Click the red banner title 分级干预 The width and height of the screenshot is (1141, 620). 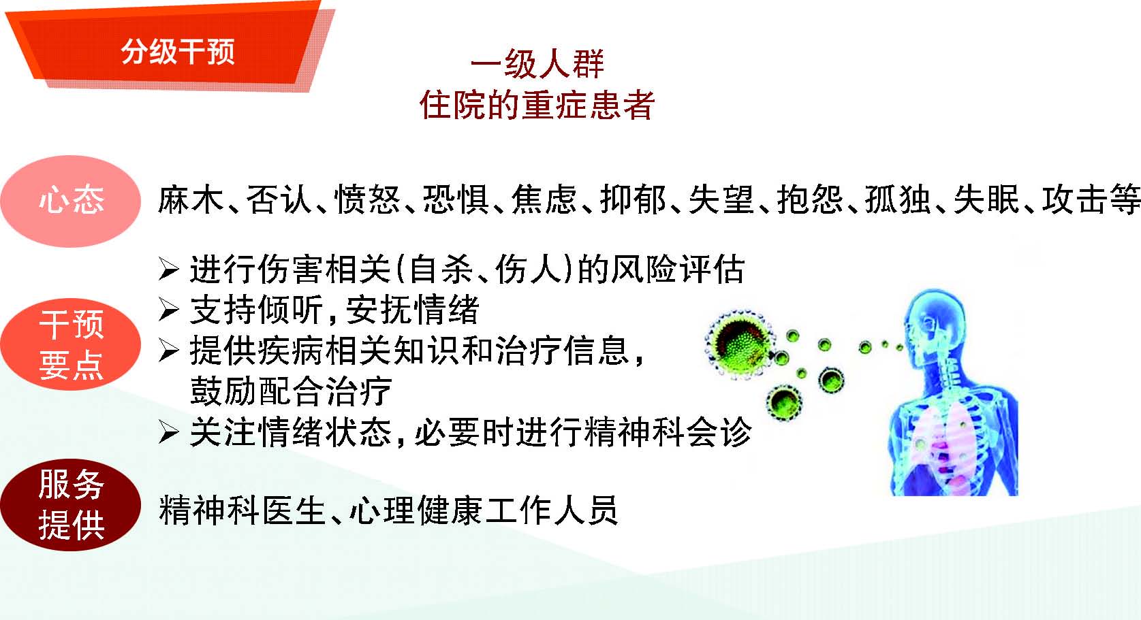pyautogui.click(x=178, y=52)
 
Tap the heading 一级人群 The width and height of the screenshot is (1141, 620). pyautogui.click(x=537, y=63)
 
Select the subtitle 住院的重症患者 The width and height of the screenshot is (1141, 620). pyautogui.click(x=537, y=105)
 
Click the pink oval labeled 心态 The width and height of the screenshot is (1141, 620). pyautogui.click(x=70, y=201)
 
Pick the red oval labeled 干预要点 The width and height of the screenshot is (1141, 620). pyautogui.click(x=70, y=344)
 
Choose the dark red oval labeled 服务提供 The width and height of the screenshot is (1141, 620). pyautogui.click(x=70, y=504)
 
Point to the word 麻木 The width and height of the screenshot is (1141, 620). pyautogui.click(x=191, y=199)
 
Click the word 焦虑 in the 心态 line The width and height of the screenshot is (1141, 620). pyautogui.click(x=544, y=199)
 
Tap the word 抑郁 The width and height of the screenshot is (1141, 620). pyautogui.click(x=633, y=199)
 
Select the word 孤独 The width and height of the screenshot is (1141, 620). pyautogui.click(x=898, y=199)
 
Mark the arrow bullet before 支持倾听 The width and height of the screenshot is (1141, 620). pyautogui.click(x=169, y=310)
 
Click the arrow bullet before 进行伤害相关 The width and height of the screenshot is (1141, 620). pyautogui.click(x=169, y=270)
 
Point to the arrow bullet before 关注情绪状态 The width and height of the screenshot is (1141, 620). pyautogui.click(x=169, y=433)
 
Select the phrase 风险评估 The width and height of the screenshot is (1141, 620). pyautogui.click(x=678, y=269)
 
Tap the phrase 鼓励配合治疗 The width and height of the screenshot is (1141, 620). pyautogui.click(x=291, y=391)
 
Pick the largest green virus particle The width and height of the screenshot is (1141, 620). pyautogui.click(x=740, y=343)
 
